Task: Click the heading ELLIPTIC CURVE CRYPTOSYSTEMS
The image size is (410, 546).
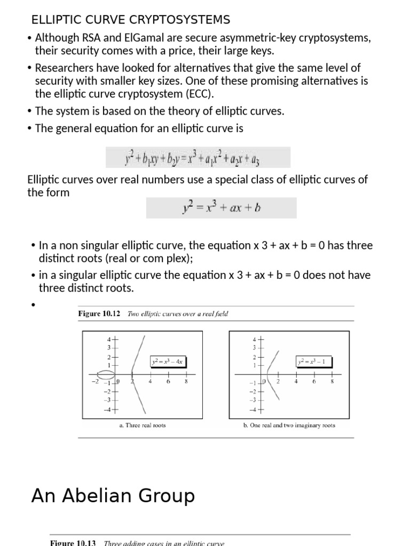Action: point(131,20)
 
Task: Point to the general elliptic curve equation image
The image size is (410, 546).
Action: point(198,158)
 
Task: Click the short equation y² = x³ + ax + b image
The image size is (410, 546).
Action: point(221,208)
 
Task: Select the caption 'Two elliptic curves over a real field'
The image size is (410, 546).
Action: point(178,314)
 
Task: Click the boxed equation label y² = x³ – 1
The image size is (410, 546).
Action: point(314,362)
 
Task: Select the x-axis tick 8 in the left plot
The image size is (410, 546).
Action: point(186,381)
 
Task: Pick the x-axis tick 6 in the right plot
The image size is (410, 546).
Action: point(314,381)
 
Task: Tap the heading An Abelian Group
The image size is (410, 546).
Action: point(113,496)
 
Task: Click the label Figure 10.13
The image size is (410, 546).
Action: point(73,543)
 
